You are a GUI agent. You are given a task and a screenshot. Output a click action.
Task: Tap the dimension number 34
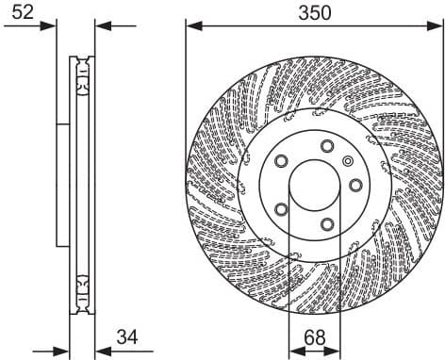coord(126,337)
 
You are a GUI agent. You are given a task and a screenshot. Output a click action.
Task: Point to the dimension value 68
coord(316,336)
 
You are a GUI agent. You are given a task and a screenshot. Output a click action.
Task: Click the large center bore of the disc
coord(316,184)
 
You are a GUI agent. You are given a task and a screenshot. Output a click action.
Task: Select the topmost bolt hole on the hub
coord(327,145)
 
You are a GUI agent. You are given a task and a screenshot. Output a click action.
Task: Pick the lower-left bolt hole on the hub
coord(280,209)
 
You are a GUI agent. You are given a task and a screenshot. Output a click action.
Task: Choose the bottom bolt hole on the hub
coord(326,223)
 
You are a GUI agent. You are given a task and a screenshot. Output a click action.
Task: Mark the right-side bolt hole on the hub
coord(355,185)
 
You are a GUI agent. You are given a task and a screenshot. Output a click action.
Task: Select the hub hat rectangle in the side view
coord(63,184)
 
